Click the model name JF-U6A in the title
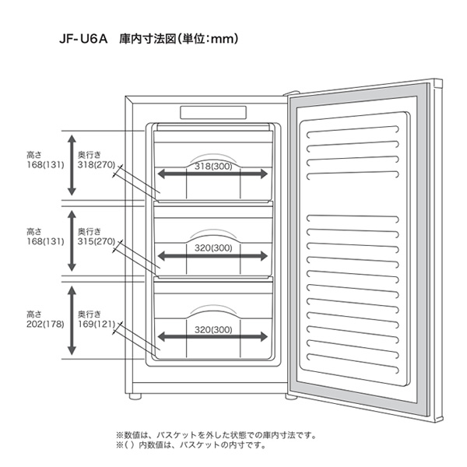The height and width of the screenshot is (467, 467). [x=81, y=37]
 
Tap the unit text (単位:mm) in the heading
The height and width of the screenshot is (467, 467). [x=204, y=37]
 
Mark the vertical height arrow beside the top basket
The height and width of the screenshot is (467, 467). [x=72, y=163]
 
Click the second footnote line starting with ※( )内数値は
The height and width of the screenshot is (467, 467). [x=191, y=445]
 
